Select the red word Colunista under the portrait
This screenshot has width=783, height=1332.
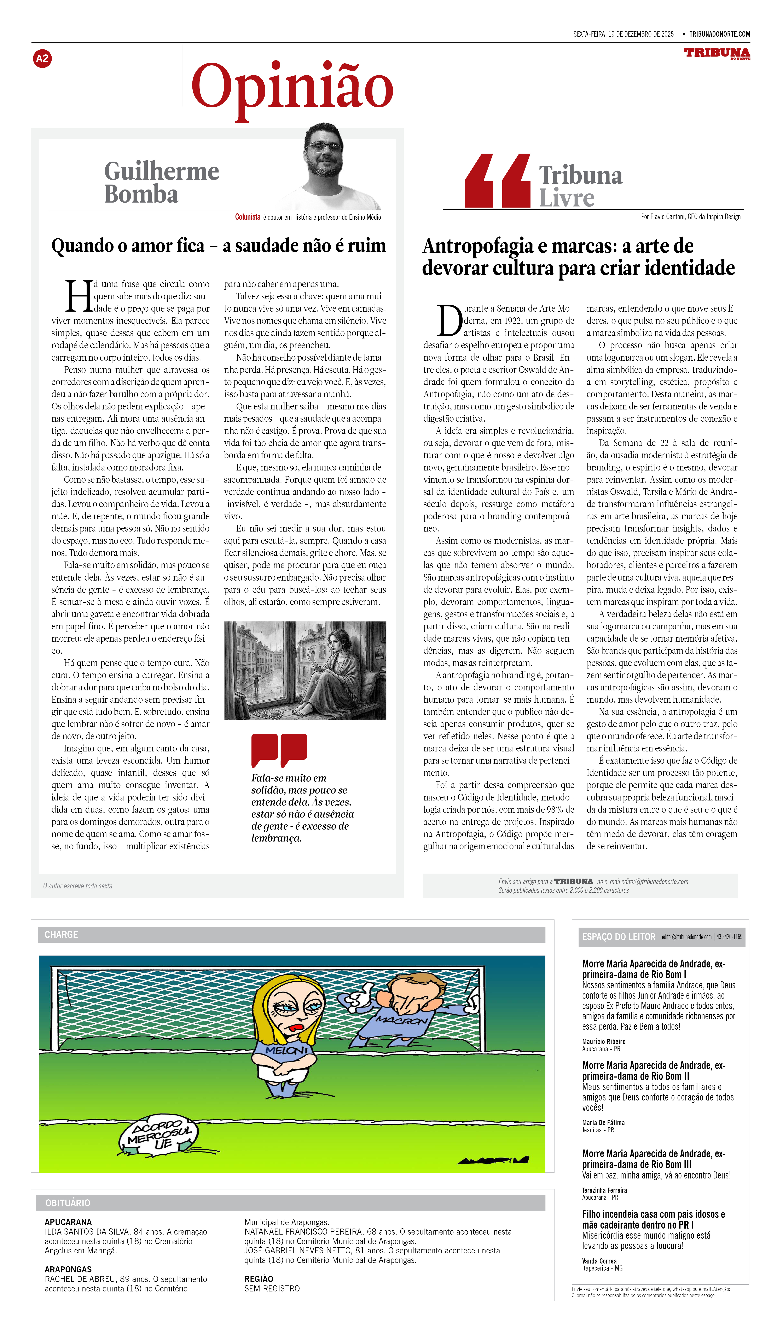pyautogui.click(x=248, y=217)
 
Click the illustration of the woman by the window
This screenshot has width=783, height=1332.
pyautogui.click(x=305, y=670)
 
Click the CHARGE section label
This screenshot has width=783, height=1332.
pyautogui.click(x=61, y=935)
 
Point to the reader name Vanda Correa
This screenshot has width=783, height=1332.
pyautogui.click(x=599, y=1261)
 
